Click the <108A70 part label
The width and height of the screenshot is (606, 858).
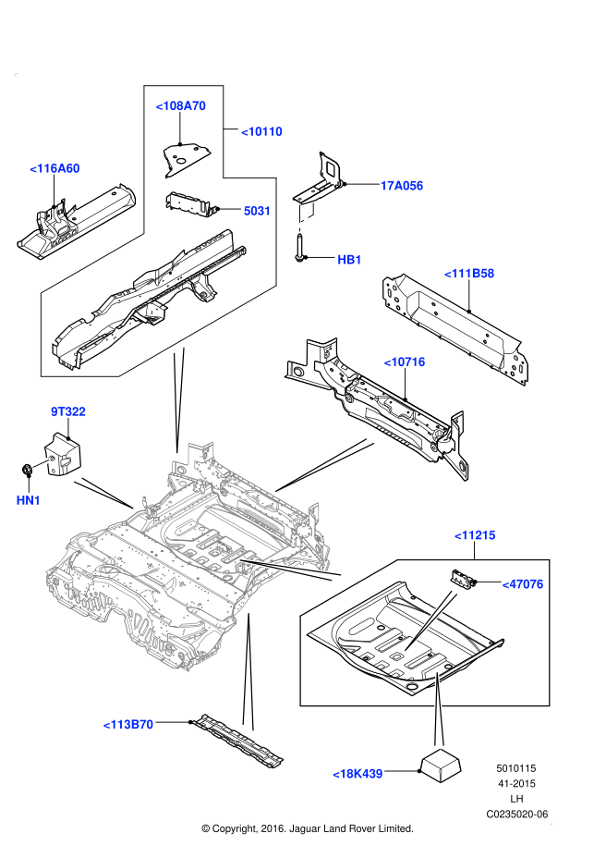180,106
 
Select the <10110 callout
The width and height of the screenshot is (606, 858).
261,131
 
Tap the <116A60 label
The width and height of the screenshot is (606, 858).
55,168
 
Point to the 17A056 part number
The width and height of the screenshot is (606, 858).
401,186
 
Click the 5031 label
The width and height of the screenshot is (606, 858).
257,211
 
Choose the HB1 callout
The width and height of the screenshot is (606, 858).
349,260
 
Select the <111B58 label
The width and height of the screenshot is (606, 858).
469,274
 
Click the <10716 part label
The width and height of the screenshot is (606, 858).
404,362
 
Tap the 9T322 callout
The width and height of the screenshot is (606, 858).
67,411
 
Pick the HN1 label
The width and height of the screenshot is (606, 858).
29,500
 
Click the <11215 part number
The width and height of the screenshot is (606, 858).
475,535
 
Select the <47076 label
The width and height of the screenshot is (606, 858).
522,584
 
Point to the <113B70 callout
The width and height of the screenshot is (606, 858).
127,724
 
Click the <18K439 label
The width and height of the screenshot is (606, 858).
358,774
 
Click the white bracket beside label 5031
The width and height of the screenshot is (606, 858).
305,216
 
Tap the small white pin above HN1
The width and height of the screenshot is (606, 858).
41,463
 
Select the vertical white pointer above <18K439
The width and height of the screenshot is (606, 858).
438,712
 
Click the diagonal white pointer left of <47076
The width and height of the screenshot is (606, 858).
430,620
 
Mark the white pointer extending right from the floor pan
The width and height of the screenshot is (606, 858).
291,568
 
